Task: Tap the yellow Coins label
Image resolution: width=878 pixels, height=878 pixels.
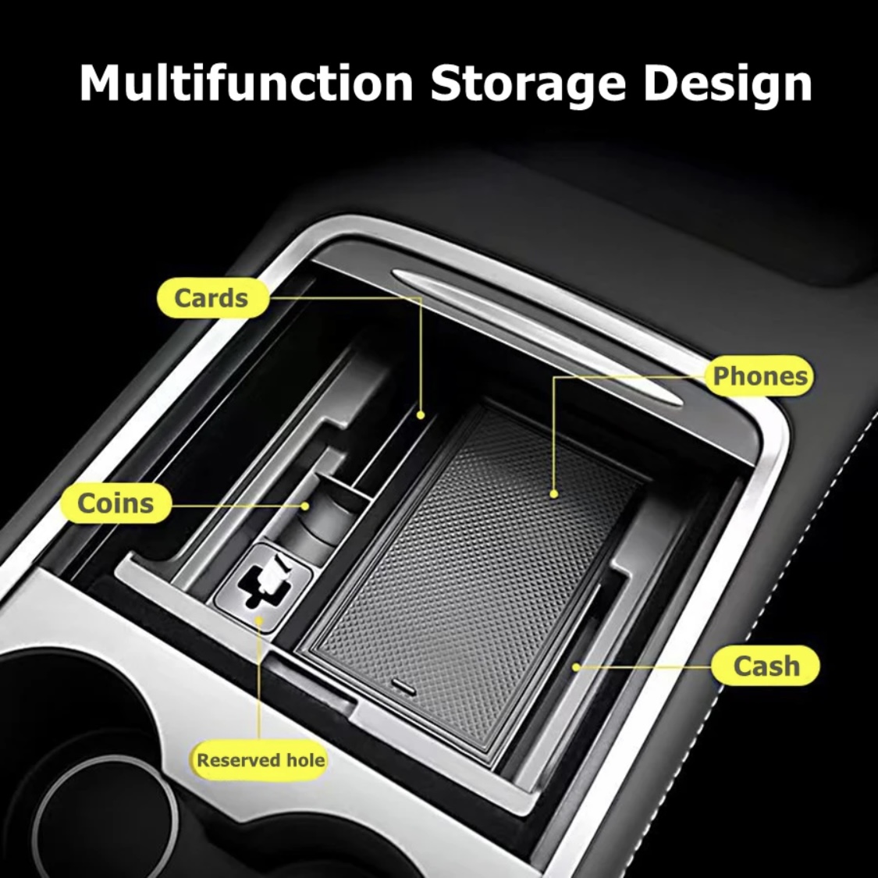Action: tap(116, 503)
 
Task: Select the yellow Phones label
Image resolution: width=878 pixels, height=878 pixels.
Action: tap(760, 375)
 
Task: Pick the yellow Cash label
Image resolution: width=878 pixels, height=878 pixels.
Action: tap(766, 666)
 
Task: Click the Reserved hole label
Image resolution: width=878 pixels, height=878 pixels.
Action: tap(261, 760)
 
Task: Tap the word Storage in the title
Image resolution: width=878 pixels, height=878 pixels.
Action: tap(528, 84)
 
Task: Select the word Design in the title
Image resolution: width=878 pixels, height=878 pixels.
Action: tap(727, 84)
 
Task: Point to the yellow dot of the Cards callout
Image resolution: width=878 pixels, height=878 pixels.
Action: tap(421, 415)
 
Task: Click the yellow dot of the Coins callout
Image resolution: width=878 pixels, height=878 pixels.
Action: tap(305, 506)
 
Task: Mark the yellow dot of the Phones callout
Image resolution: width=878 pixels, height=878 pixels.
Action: tap(554, 494)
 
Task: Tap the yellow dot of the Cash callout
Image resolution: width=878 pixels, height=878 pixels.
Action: tap(575, 667)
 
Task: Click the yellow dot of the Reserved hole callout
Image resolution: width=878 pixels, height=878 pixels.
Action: tap(259, 620)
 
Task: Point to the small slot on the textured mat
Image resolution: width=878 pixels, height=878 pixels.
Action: tap(403, 687)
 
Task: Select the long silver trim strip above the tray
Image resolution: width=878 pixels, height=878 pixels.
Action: tap(539, 336)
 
